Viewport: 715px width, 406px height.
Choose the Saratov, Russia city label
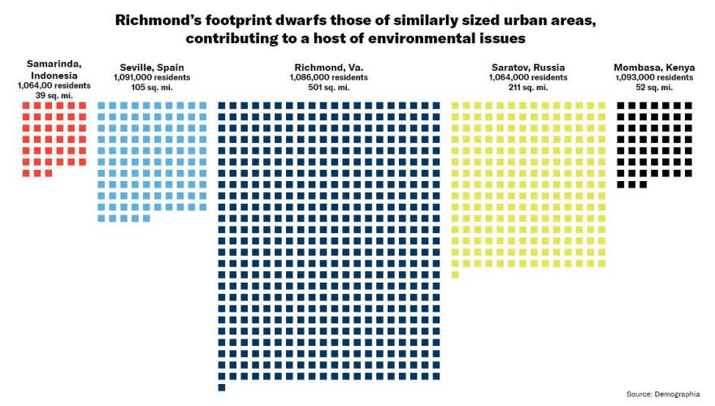tap(528, 67)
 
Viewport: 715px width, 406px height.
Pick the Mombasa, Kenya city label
tap(654, 67)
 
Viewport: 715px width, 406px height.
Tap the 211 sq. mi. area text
tap(528, 88)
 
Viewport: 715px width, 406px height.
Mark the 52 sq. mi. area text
tap(654, 88)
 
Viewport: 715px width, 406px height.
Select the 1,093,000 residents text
tap(654, 77)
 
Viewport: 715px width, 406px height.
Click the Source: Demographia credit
tap(662, 394)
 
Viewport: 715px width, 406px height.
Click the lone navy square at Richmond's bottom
tap(222, 387)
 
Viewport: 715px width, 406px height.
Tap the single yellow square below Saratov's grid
tap(455, 274)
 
